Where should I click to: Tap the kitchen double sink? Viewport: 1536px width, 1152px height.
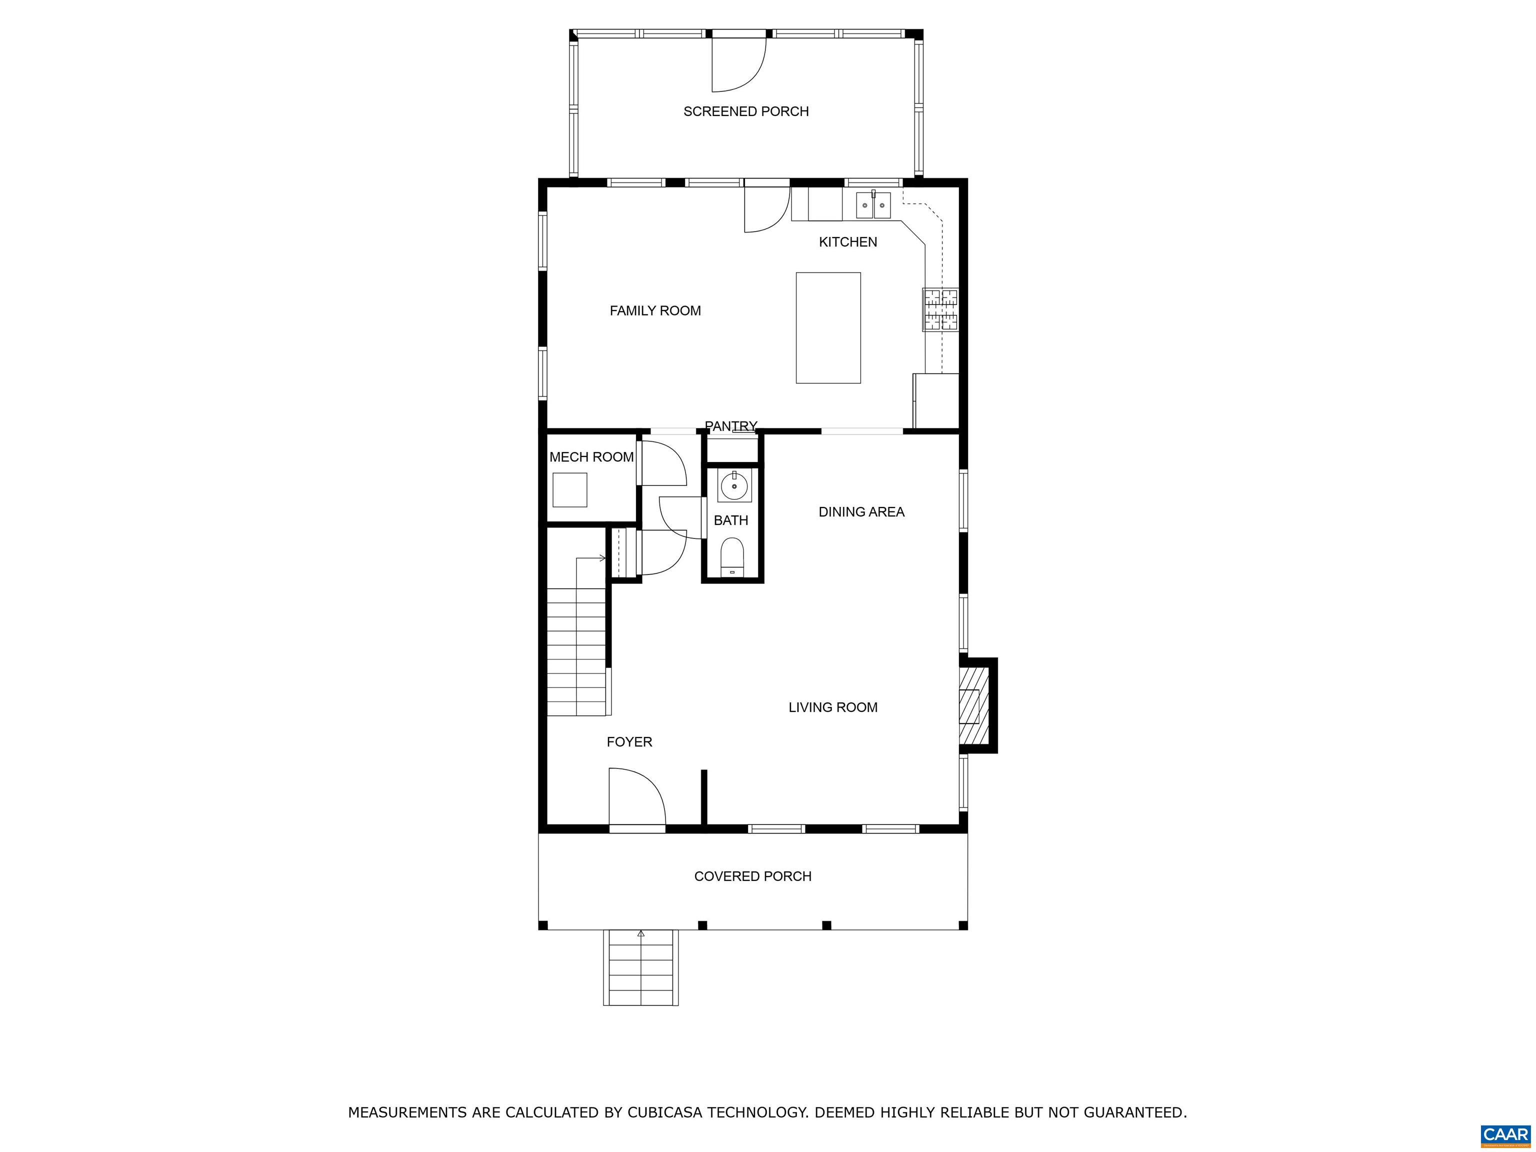click(873, 205)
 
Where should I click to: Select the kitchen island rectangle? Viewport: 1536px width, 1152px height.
click(827, 328)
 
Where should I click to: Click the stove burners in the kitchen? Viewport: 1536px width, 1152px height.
click(939, 309)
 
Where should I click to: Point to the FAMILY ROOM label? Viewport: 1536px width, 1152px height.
click(655, 311)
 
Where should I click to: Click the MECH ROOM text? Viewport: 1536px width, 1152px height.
click(591, 457)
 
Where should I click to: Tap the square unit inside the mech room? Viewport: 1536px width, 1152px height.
click(569, 489)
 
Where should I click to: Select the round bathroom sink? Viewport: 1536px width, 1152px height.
click(734, 485)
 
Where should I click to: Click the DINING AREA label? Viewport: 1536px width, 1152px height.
click(861, 512)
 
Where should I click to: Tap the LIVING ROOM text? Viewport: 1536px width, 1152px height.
click(832, 707)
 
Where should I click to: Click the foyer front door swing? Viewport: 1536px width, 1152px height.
click(636, 797)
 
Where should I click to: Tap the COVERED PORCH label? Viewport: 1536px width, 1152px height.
click(752, 876)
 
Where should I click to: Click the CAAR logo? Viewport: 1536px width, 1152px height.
click(1505, 1134)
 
